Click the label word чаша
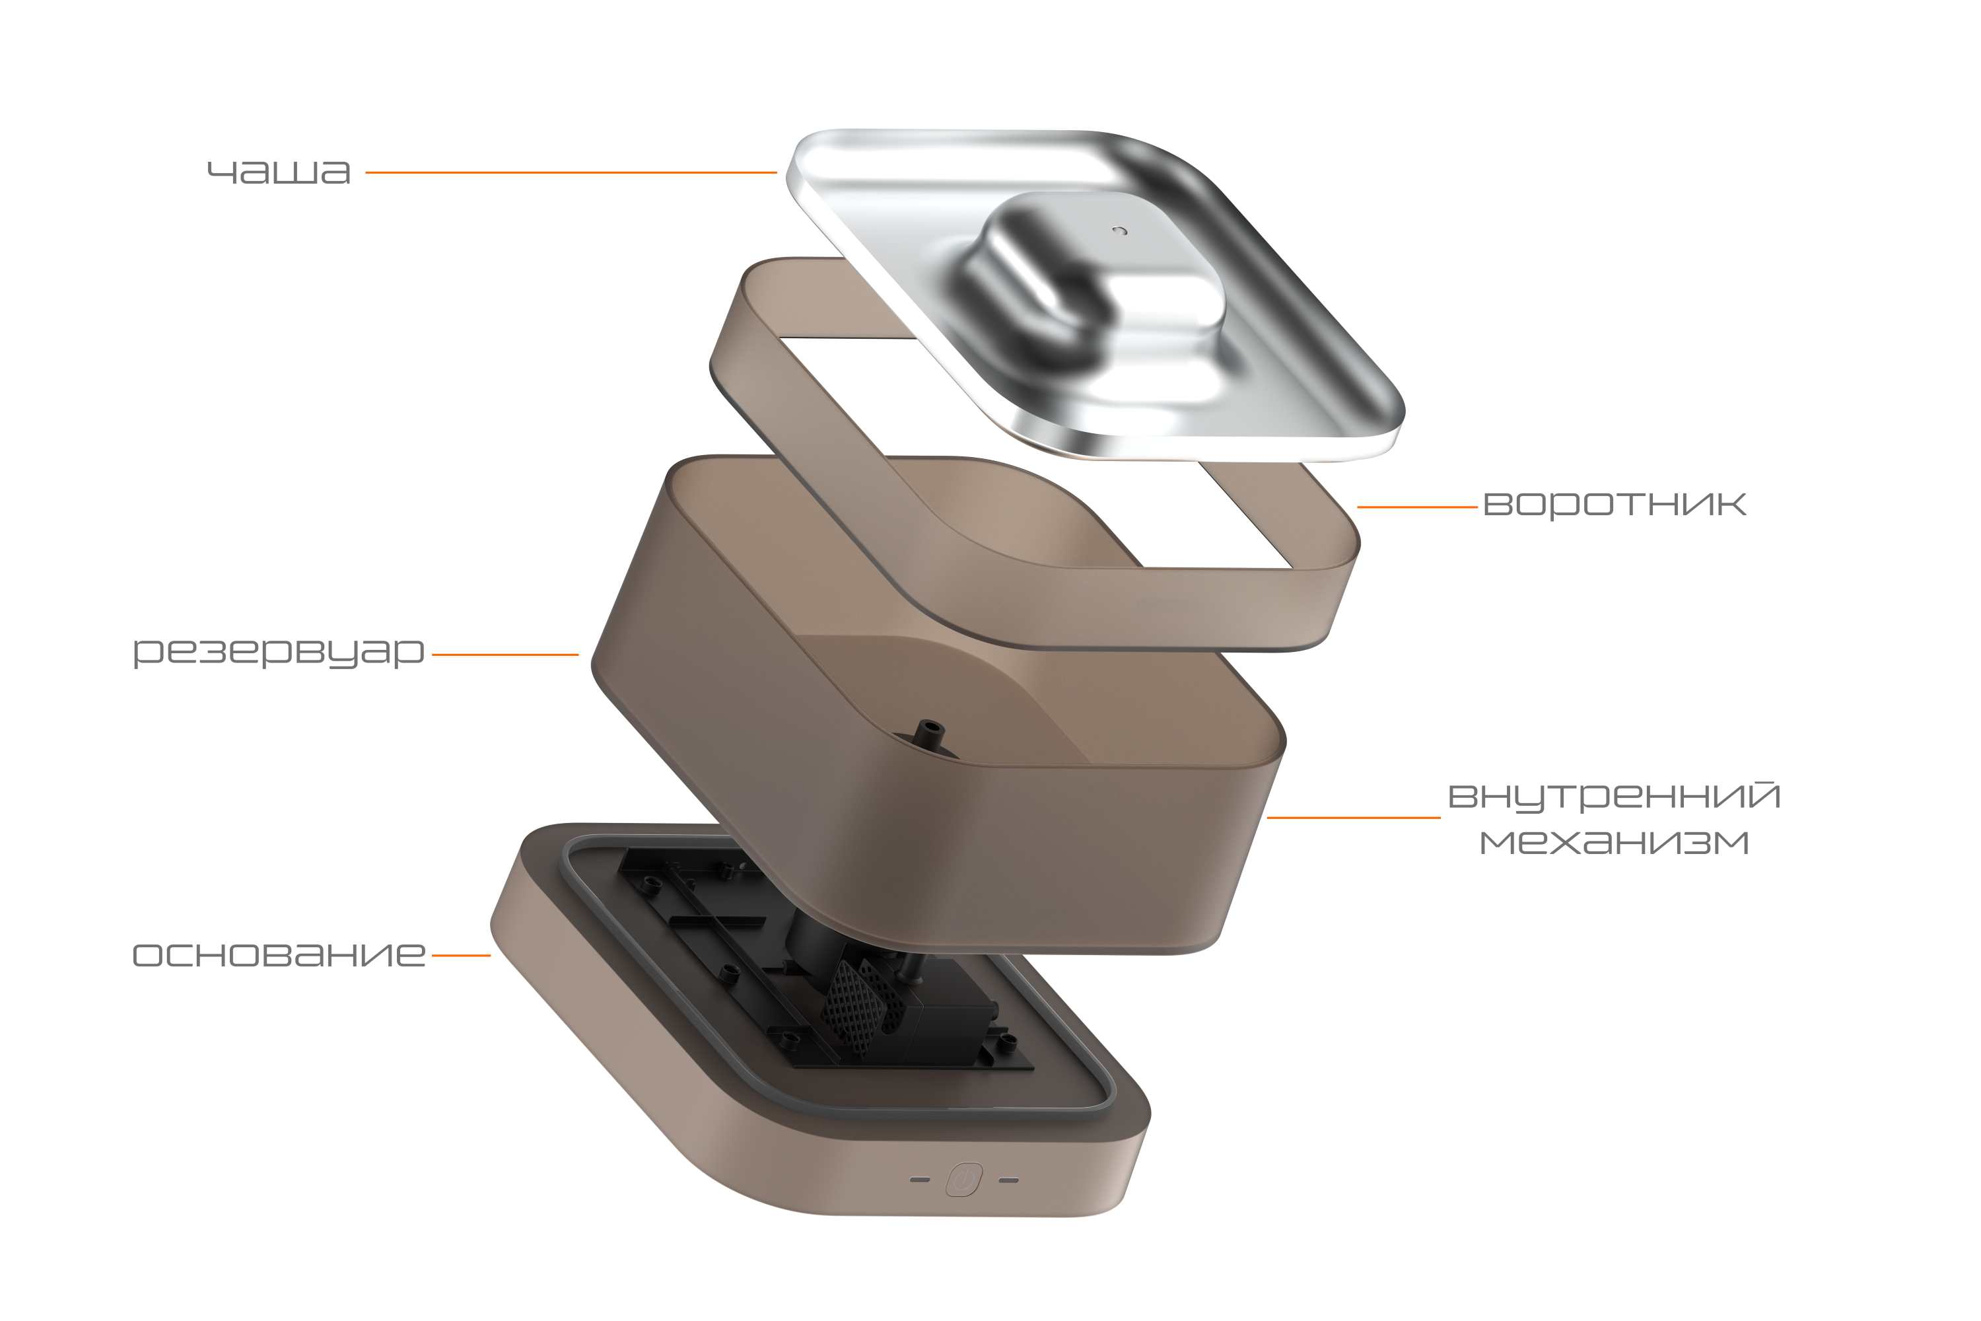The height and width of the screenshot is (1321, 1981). click(279, 172)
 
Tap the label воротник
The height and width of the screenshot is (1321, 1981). click(1614, 504)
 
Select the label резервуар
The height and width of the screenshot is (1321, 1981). click(279, 651)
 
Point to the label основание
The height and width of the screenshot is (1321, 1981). click(279, 954)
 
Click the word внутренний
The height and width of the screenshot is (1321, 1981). click(1614, 795)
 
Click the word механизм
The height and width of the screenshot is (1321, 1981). click(1614, 841)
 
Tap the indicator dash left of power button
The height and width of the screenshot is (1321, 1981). click(919, 1180)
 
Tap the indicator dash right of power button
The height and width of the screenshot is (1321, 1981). click(1008, 1180)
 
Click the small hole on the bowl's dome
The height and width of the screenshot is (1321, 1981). click(1119, 229)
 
